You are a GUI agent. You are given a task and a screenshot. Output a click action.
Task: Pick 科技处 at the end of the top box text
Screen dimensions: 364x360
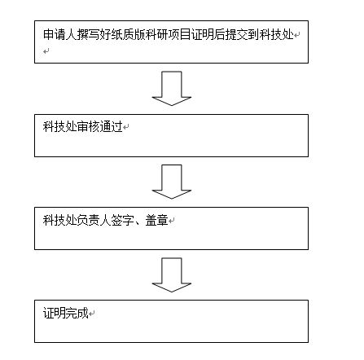pos(276,35)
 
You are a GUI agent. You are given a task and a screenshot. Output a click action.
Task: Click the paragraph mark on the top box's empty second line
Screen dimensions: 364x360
pos(46,51)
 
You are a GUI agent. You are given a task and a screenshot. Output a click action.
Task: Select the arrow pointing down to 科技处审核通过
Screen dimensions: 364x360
pos(172,89)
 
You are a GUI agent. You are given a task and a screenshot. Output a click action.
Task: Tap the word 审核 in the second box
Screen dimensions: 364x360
pos(88,126)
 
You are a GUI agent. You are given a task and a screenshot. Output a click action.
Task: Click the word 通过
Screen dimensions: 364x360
pos(111,126)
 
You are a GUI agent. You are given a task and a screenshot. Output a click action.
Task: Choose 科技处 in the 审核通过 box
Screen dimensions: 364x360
pos(59,126)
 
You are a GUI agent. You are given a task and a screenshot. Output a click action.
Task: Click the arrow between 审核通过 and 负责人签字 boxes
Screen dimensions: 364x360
pos(172,182)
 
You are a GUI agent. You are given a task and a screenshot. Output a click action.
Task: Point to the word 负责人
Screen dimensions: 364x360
pos(94,220)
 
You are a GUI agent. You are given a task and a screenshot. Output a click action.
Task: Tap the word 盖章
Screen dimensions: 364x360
pos(156,220)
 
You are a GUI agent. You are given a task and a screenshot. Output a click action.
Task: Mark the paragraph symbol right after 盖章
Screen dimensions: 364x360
pos(171,222)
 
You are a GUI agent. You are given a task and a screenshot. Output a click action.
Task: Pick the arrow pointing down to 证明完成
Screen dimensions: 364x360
pos(172,274)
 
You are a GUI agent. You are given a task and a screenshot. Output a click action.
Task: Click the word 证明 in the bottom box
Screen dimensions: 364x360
pos(55,313)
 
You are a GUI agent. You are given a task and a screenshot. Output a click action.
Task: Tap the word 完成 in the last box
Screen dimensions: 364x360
pos(77,313)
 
